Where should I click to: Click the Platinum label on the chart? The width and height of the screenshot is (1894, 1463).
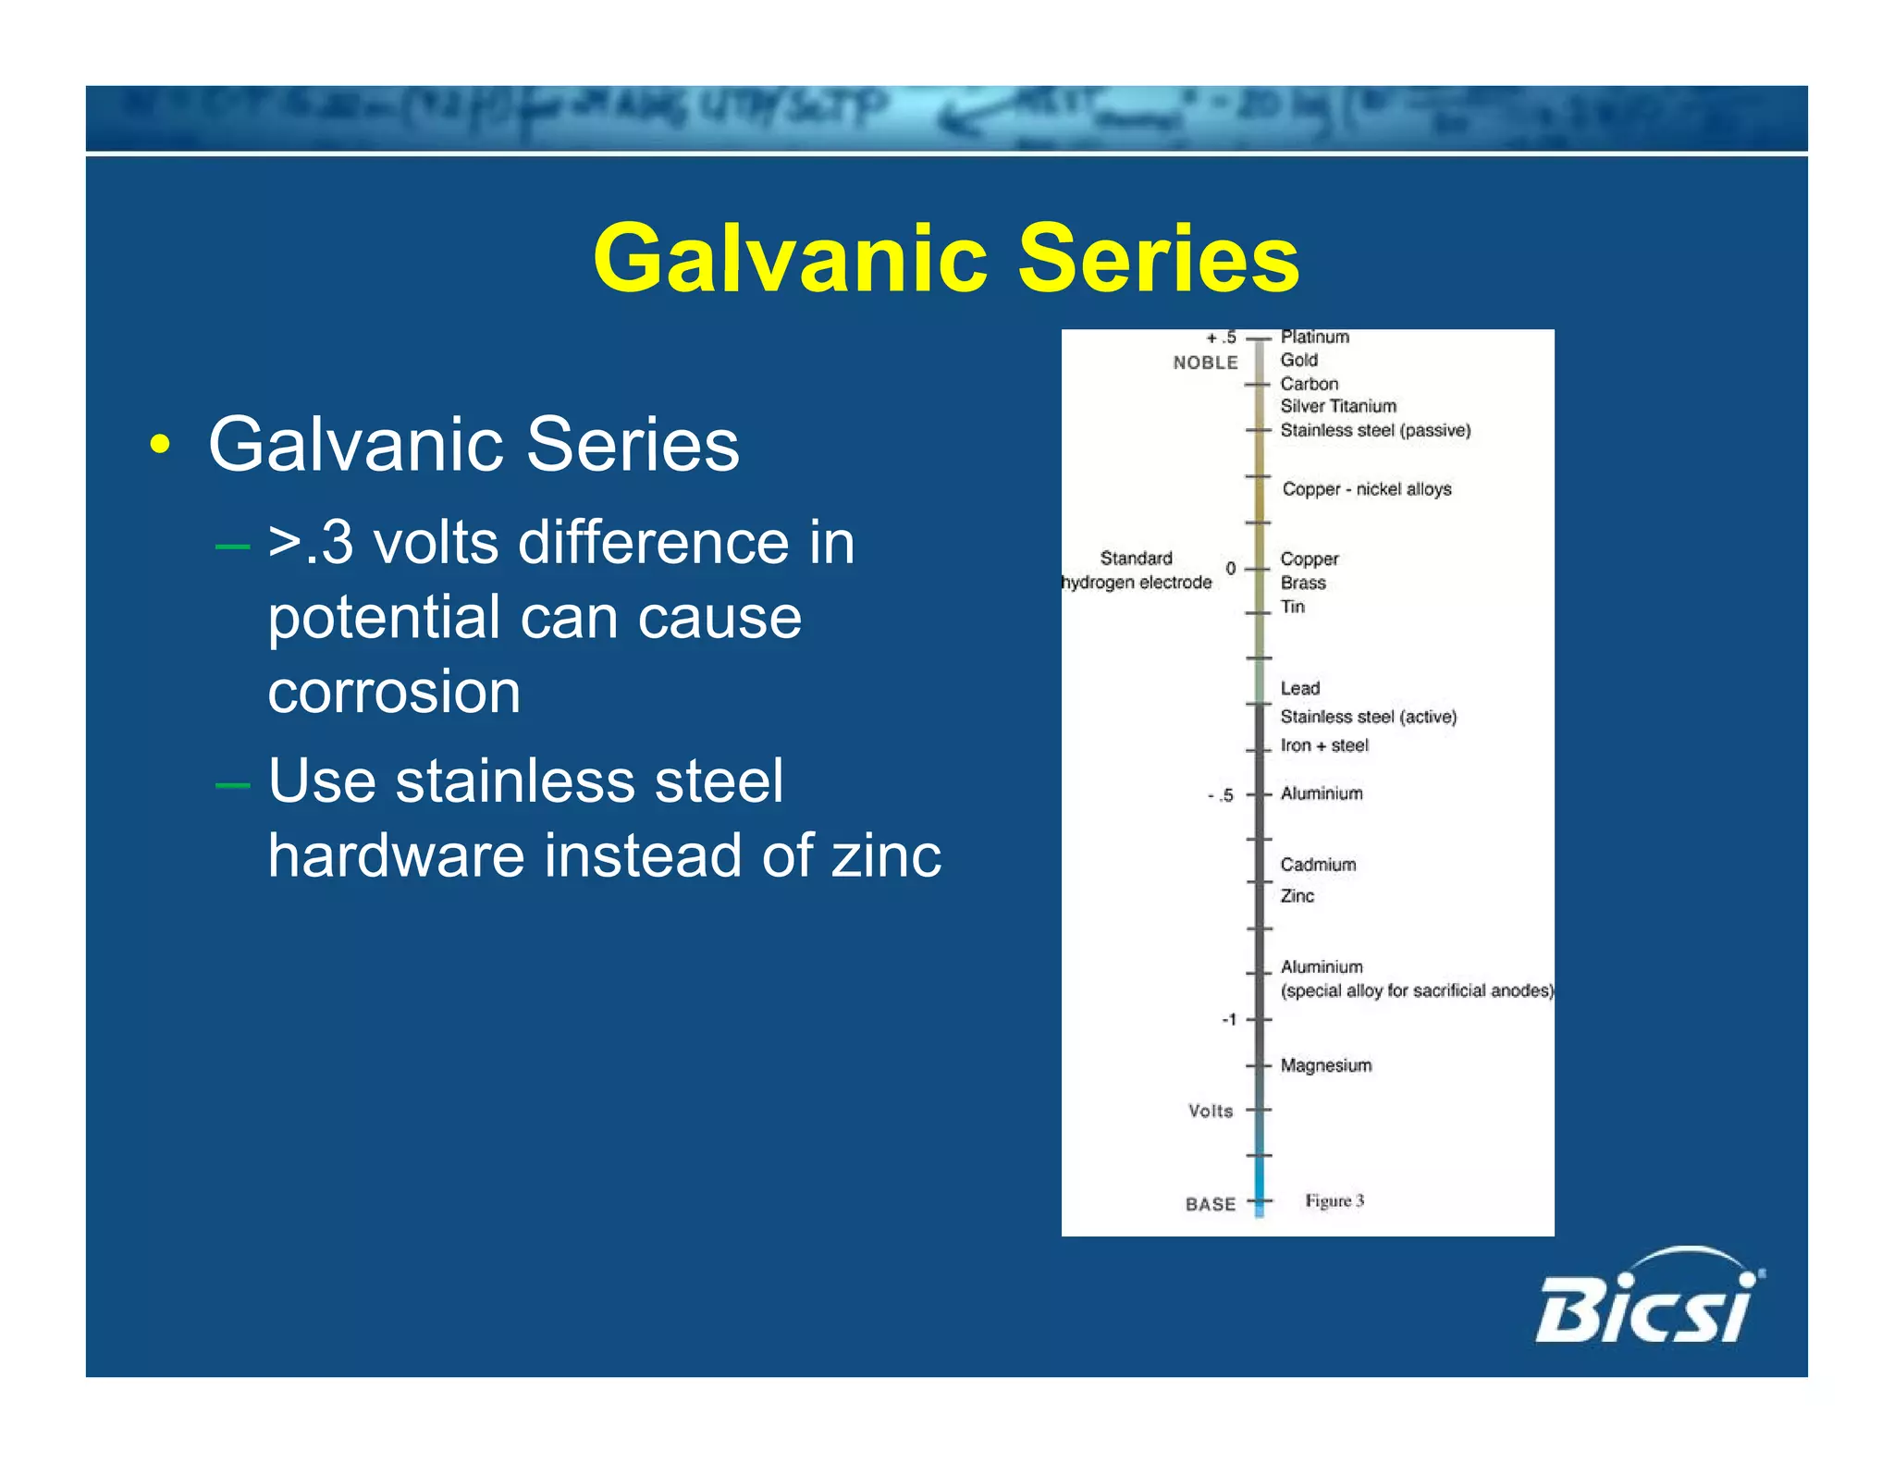pyautogui.click(x=1314, y=337)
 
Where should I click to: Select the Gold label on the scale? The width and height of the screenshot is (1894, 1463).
pyautogui.click(x=1298, y=360)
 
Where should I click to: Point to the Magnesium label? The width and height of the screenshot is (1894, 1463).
pyautogui.click(x=1325, y=1065)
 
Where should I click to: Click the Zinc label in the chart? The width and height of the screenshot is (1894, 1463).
pyautogui.click(x=1297, y=895)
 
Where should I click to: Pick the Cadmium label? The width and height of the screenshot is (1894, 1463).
pyautogui.click(x=1318, y=865)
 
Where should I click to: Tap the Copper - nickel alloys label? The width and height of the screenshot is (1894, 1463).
pyautogui.click(x=1366, y=489)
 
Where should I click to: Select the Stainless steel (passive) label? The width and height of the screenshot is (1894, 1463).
pyautogui.click(x=1374, y=430)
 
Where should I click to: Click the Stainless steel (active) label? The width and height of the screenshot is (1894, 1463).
pyautogui.click(x=1368, y=717)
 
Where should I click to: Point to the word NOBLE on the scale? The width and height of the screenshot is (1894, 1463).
pyautogui.click(x=1205, y=363)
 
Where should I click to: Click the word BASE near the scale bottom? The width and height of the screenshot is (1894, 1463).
pyautogui.click(x=1211, y=1204)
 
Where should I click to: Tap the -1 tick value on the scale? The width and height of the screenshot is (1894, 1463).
pyautogui.click(x=1229, y=1019)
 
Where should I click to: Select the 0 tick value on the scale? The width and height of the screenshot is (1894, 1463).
pyautogui.click(x=1231, y=568)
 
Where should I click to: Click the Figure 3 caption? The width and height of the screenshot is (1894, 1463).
pyautogui.click(x=1334, y=1200)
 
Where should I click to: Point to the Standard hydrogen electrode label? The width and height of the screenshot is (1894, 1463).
pyautogui.click(x=1137, y=570)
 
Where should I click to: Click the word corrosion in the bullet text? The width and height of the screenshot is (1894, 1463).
pyautogui.click(x=394, y=692)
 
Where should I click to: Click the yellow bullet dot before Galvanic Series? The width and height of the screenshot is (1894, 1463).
pyautogui.click(x=160, y=445)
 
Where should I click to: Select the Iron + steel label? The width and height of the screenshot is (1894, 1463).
pyautogui.click(x=1323, y=745)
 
